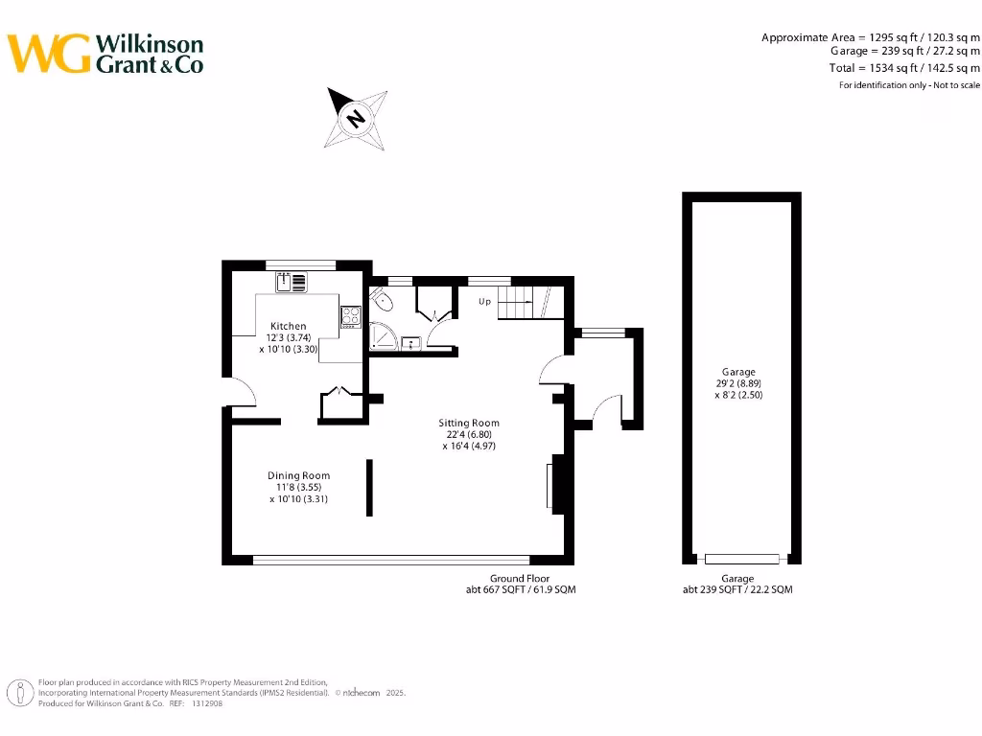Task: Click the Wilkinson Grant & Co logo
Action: click(x=105, y=54)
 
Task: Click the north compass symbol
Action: click(x=356, y=118)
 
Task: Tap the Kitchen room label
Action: click(x=288, y=326)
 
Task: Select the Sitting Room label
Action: click(x=469, y=423)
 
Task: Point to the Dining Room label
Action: click(x=298, y=475)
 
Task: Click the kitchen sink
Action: click(x=292, y=282)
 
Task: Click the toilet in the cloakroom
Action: click(x=385, y=302)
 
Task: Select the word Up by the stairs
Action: click(x=484, y=301)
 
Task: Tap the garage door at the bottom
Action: click(x=741, y=559)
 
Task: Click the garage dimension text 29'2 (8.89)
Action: click(x=738, y=383)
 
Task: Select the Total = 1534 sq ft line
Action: click(x=904, y=68)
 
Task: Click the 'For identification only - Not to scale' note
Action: click(x=909, y=85)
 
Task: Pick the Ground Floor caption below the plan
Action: click(x=520, y=578)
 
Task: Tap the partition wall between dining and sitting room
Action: click(x=369, y=488)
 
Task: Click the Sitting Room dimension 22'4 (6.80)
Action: click(x=469, y=434)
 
